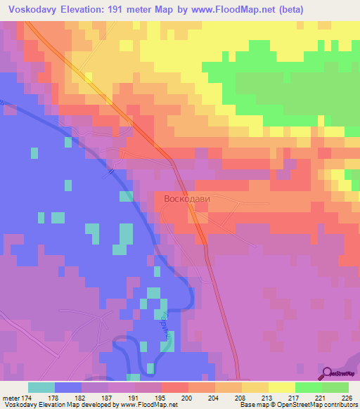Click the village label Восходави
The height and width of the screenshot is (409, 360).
click(186, 199)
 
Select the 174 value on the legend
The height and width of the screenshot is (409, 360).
click(25, 398)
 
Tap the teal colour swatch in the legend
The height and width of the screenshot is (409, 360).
click(41, 387)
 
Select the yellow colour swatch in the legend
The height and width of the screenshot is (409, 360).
click(281, 387)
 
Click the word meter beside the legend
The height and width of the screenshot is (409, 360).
click(10, 398)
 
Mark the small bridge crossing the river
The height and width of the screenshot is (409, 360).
click(112, 169)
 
